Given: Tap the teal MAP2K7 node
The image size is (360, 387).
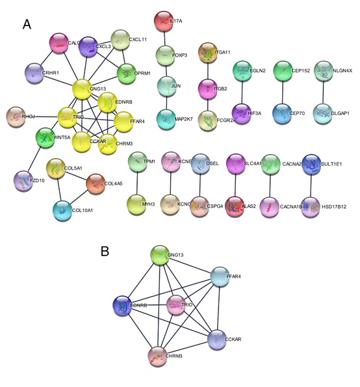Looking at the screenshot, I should coord(166,118).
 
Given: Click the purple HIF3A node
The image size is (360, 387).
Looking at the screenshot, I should coord(242,112).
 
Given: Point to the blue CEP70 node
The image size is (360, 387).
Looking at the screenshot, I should coord(282,112).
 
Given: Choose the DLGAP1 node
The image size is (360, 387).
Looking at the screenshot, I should coord(324,113).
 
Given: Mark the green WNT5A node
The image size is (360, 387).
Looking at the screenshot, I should coord(45,137).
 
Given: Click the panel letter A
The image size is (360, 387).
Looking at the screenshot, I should coord(27,24).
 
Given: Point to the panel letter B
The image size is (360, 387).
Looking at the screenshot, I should coord(105,250).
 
